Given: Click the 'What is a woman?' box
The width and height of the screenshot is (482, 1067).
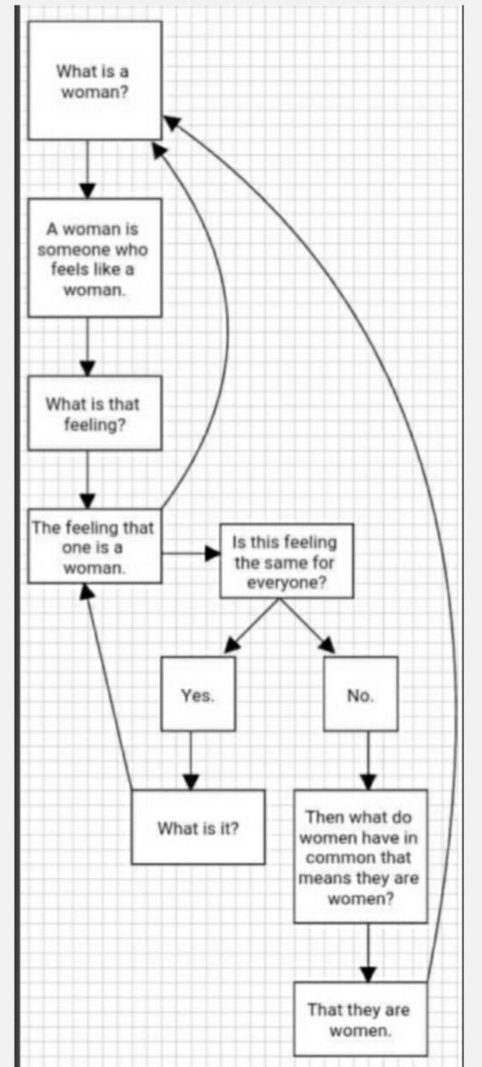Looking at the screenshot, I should (94, 81).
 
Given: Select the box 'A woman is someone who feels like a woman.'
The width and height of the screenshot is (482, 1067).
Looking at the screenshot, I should (94, 258).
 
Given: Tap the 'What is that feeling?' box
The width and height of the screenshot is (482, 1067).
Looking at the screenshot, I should (94, 413).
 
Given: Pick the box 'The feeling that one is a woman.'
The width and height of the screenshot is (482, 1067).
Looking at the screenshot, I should (94, 547).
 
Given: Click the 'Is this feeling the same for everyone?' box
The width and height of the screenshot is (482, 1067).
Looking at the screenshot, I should (286, 561).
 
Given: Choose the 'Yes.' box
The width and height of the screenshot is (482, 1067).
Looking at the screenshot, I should (198, 693).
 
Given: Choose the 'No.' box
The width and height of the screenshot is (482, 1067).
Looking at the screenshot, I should (360, 693).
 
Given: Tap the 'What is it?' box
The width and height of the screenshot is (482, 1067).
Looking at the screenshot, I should (198, 827).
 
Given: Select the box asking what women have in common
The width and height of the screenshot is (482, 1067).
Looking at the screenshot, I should (360, 856).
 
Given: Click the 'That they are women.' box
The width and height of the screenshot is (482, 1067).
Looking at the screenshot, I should (360, 1019).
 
